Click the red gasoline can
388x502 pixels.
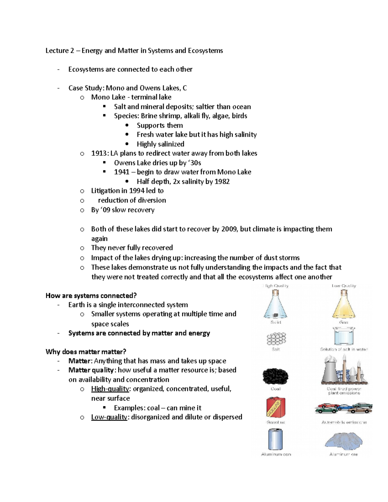click(x=275, y=408)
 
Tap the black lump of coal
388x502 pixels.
click(x=275, y=376)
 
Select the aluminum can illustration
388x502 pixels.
click(x=275, y=439)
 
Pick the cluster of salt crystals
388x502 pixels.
click(x=276, y=339)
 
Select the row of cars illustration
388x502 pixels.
click(x=343, y=409)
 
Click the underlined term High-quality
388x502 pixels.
click(x=110, y=389)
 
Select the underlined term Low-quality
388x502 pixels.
click(x=109, y=417)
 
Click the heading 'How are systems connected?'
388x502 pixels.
click(x=91, y=295)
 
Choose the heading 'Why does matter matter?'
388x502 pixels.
click(x=86, y=352)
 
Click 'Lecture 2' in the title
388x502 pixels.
click(x=57, y=51)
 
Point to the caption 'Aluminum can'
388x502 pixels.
click(x=276, y=454)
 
